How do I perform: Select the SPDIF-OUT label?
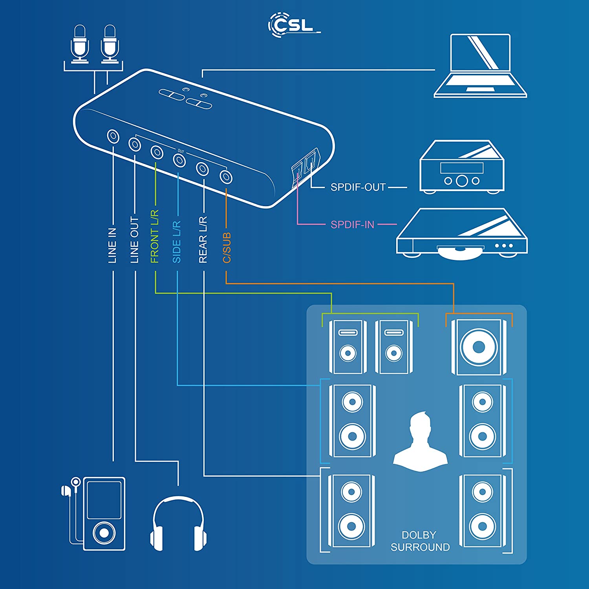pyautogui.click(x=358, y=187)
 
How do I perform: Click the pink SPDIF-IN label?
pyautogui.click(x=352, y=225)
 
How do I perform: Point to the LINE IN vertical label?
pyautogui.click(x=113, y=245)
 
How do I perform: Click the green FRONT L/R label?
pyautogui.click(x=155, y=236)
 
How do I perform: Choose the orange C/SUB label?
pyautogui.click(x=227, y=248)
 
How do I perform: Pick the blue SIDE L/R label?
pyautogui.click(x=177, y=241)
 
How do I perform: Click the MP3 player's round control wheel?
pyautogui.click(x=104, y=532)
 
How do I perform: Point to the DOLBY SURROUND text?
pyautogui.click(x=420, y=541)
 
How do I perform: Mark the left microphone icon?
pyautogui.click(x=80, y=43)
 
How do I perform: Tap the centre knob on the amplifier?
pyautogui.click(x=462, y=181)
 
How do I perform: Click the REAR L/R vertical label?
pyautogui.click(x=203, y=240)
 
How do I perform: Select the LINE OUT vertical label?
pyautogui.click(x=135, y=240)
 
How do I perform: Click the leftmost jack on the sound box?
pyautogui.click(x=113, y=136)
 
